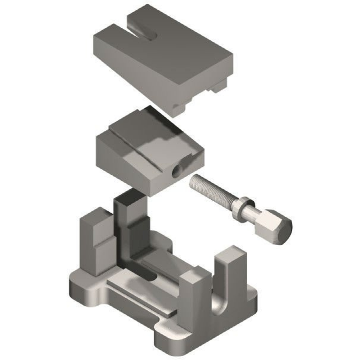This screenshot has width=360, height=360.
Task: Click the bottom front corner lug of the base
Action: (169, 342)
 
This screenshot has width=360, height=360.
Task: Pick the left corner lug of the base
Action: (77, 288)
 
